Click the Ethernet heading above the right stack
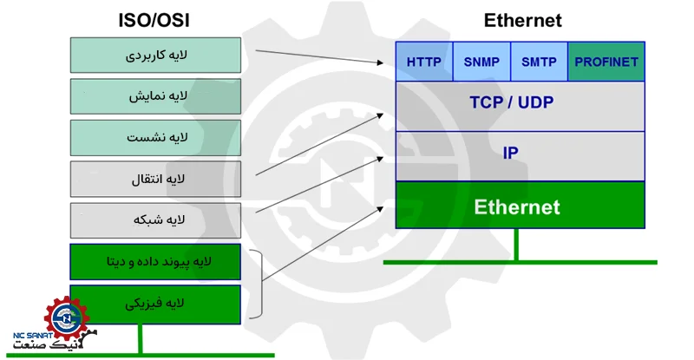coord(522,20)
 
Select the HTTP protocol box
coord(424,62)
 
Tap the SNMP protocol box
coord(481,62)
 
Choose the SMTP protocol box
coord(539,62)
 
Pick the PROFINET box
coord(606,62)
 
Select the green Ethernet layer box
coord(520,206)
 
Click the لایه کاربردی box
coord(155,55)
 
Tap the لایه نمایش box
coord(155,96)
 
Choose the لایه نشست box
coord(155,138)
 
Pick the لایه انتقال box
coord(155,179)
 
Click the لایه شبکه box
coord(155,220)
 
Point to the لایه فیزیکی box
coord(155,303)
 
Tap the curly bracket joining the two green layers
coord(259,283)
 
